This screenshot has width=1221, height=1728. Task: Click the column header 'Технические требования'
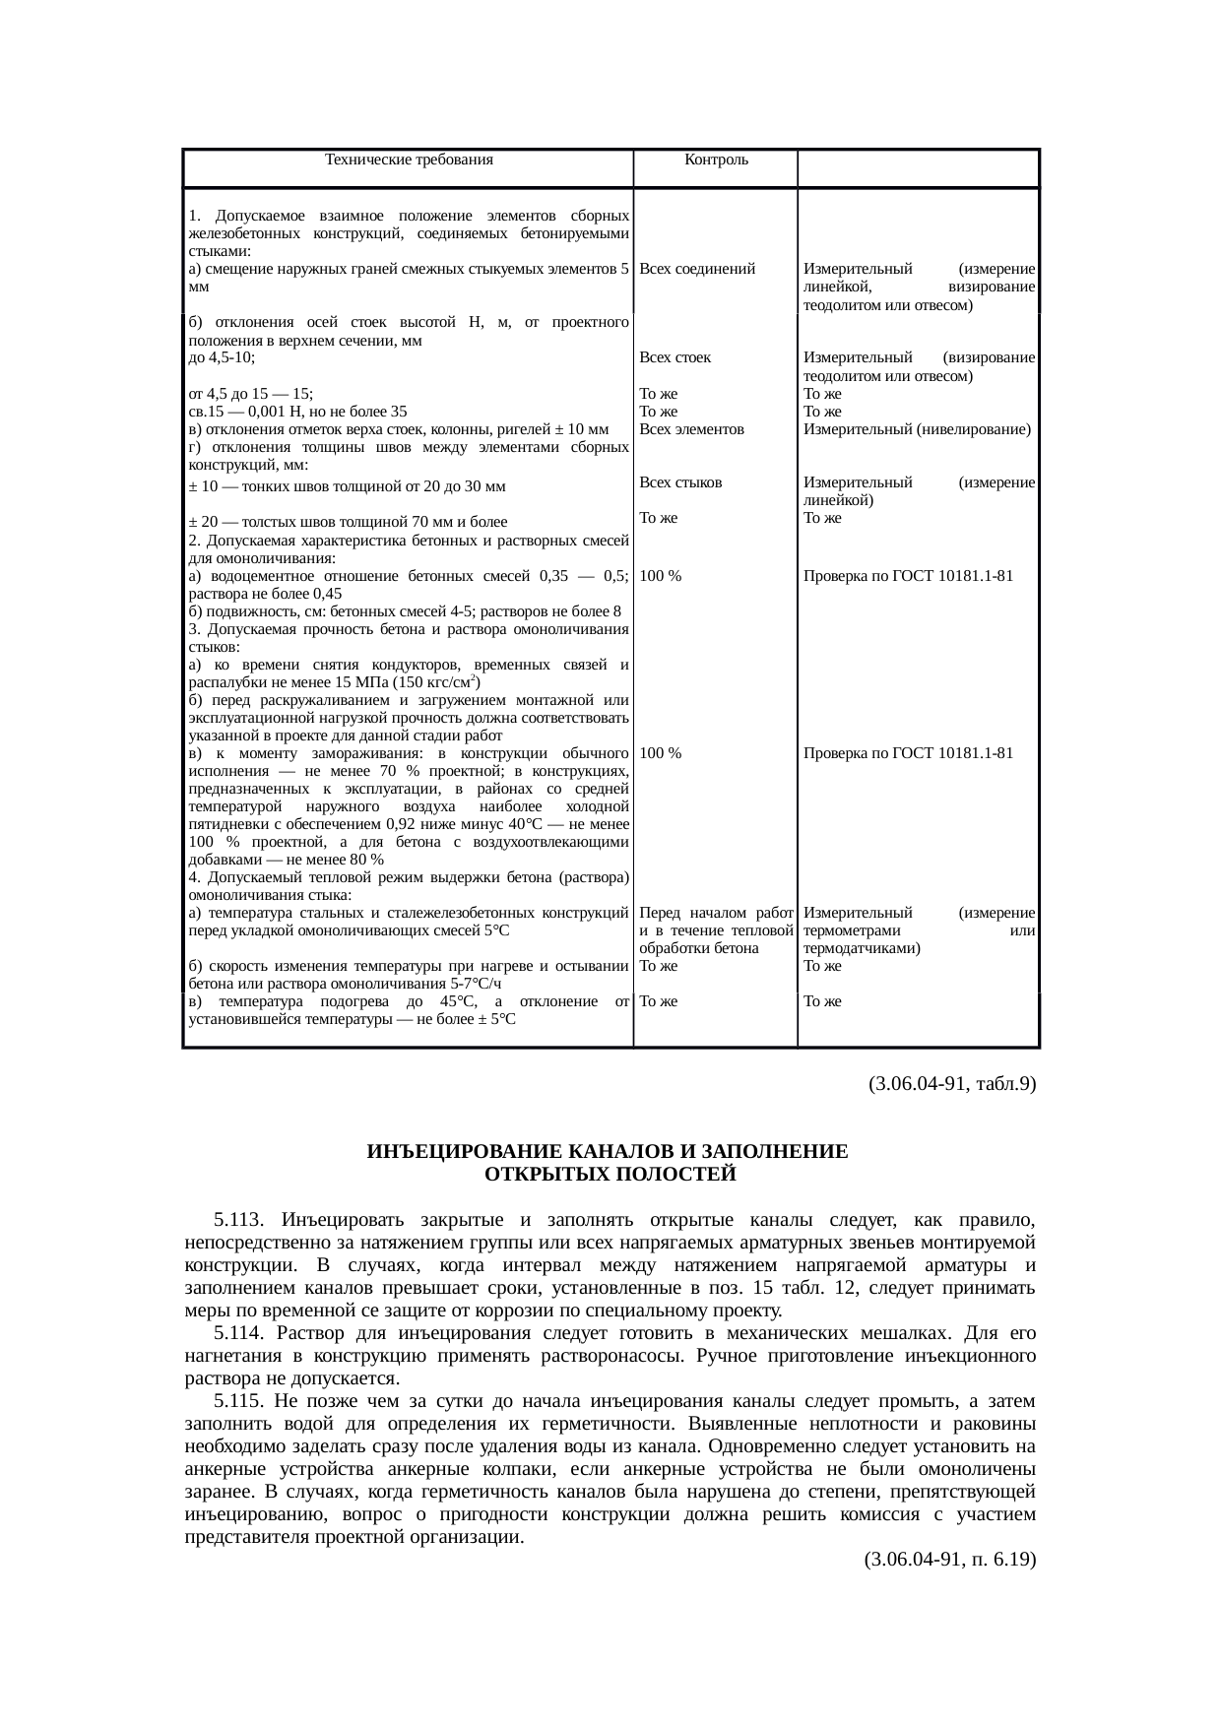409,160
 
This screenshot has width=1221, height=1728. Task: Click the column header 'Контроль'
716,160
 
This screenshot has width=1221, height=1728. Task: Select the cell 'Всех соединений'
697,269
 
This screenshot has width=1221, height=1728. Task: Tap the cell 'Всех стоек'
675,357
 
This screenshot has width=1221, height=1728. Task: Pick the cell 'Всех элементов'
691,429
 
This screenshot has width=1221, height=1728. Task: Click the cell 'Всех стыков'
680,482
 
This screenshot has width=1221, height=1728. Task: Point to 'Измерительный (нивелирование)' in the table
917,429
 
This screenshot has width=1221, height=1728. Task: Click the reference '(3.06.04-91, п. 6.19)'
949,1561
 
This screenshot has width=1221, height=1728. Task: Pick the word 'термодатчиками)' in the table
862,948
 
